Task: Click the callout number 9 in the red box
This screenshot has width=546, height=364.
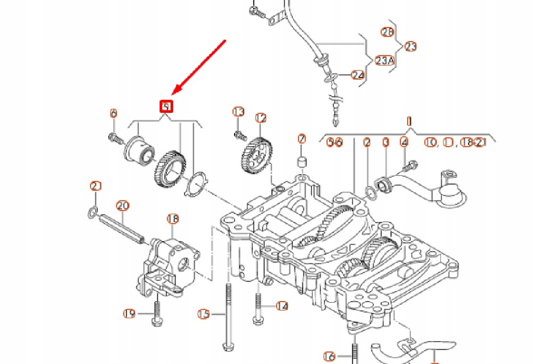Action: point(167,107)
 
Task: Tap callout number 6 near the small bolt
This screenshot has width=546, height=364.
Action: point(113,113)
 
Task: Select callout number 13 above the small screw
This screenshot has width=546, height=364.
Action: point(238,112)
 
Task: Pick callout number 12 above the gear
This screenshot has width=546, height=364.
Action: point(260,118)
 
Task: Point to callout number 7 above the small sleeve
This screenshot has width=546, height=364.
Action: point(302,140)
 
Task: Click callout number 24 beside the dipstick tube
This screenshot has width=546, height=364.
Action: point(358,75)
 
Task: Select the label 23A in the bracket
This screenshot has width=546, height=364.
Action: point(384,61)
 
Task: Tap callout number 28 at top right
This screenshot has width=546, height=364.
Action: point(388,32)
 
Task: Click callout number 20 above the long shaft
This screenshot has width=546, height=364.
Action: point(123,205)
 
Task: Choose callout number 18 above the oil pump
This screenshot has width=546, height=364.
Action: point(173,219)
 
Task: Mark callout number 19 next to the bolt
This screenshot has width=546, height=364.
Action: point(129,313)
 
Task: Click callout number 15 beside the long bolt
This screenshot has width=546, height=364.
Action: point(204,313)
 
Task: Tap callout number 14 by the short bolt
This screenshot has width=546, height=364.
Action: point(282,306)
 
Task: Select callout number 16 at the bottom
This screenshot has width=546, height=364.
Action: point(330,355)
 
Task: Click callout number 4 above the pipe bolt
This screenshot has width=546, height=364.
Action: point(404,142)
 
